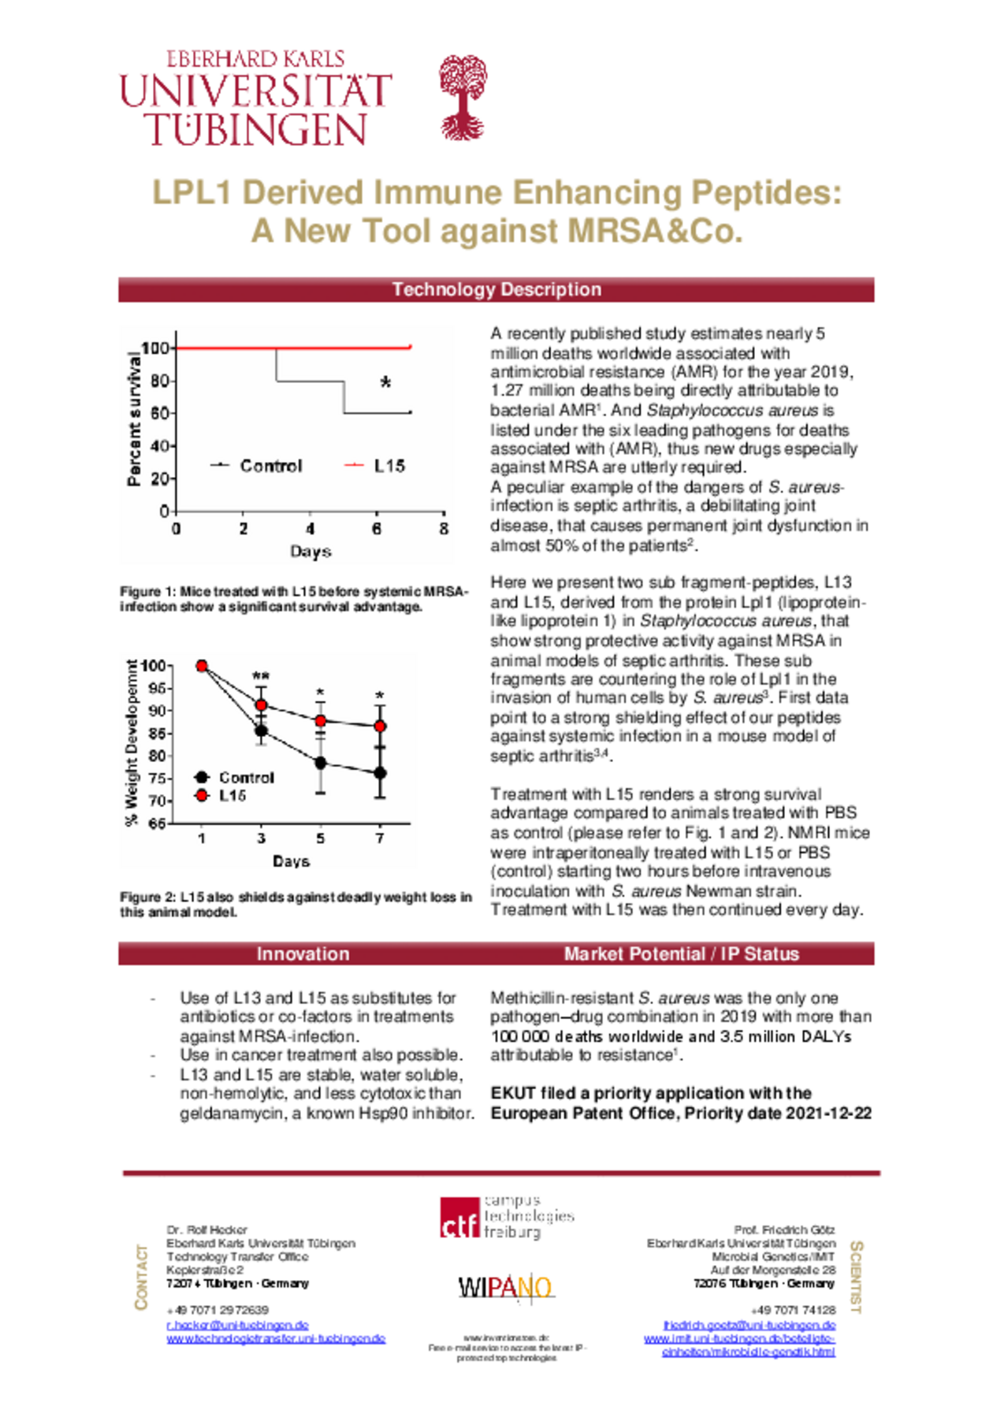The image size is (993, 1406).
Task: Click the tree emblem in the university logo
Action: coord(463,97)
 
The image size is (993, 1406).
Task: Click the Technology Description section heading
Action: coord(496,289)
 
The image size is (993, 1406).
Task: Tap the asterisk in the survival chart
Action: coord(385,383)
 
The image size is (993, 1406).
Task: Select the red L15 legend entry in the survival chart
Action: coord(375,466)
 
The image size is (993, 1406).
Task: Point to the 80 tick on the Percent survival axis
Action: coord(160,381)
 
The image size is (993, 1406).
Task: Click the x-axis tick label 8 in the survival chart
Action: coord(444,529)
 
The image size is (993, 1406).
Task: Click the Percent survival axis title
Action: coord(134,418)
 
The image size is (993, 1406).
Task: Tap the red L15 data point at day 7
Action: coord(380,726)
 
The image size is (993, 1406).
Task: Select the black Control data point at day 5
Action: coord(320,763)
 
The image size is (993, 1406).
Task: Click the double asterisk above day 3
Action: coord(261,676)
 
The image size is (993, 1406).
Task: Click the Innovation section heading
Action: coord(303,954)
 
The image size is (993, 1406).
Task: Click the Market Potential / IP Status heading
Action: coord(681,954)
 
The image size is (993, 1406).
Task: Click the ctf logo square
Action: coord(459,1218)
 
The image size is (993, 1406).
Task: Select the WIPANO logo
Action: coord(506,1287)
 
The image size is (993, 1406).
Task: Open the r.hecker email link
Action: coord(237,1325)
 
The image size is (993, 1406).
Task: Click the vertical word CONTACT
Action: coord(142,1277)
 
